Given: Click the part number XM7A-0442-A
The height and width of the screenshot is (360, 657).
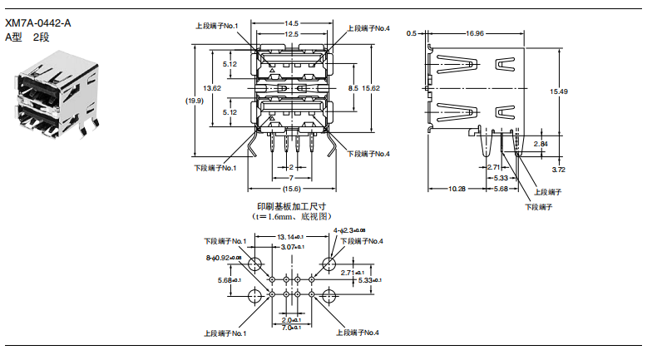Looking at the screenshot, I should click(37, 23).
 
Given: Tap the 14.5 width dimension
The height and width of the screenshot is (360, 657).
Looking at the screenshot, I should click(291, 23).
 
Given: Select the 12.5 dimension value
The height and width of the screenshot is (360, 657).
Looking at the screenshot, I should click(291, 34).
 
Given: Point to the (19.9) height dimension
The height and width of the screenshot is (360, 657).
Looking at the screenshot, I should click(195, 101).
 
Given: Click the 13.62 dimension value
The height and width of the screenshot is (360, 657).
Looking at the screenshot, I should click(212, 88).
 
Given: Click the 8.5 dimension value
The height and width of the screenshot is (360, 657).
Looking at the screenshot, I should click(353, 88).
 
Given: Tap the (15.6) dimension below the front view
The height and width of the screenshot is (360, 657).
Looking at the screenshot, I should click(291, 189).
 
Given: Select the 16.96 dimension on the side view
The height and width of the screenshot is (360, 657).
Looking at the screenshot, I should click(475, 33).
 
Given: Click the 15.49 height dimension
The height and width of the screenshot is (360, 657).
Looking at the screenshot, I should click(559, 91).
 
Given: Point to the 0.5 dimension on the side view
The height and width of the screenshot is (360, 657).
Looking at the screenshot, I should click(411, 33).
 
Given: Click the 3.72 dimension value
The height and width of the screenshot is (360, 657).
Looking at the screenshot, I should click(559, 170).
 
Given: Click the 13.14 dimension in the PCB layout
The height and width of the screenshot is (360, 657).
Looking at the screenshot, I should click(291, 237).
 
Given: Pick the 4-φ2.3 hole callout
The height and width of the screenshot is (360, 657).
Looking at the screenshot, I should click(349, 229).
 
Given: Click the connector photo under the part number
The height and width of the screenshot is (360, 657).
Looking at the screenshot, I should click(54, 96).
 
